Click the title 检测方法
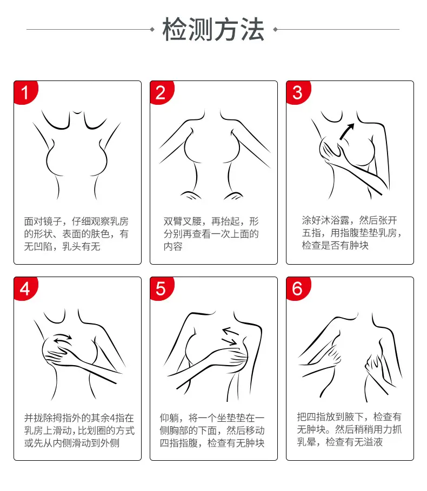213,29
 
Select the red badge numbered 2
162,92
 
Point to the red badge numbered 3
298,92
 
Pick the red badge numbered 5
162,289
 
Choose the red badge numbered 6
298,289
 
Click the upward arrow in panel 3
347,131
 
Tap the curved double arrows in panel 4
63,339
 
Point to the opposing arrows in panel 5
230,337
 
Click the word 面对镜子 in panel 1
43,221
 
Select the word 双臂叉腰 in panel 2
182,221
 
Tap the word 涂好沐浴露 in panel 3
325,220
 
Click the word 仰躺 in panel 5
169,418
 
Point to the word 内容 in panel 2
173,246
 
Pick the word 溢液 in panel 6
373,442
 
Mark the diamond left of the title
152,29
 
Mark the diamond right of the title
275,29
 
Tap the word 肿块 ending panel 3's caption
359,245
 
